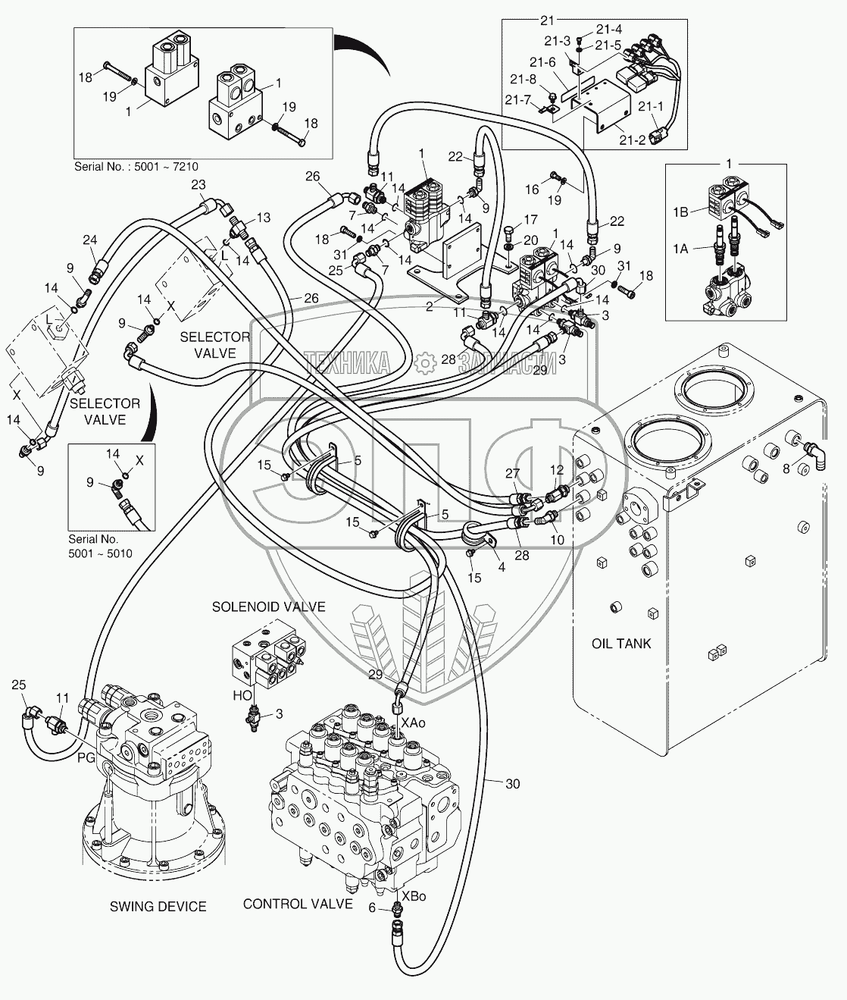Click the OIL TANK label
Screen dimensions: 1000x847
click(x=620, y=644)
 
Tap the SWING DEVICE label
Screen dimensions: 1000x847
click(x=158, y=907)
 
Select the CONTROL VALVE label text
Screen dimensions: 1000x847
click(x=298, y=904)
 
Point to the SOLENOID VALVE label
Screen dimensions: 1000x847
click(x=268, y=607)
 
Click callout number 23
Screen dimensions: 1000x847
click(x=198, y=185)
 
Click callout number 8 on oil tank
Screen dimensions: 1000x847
click(x=786, y=469)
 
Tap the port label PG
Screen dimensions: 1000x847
click(x=86, y=756)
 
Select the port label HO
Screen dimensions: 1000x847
click(x=242, y=694)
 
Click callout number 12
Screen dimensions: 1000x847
click(x=557, y=471)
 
